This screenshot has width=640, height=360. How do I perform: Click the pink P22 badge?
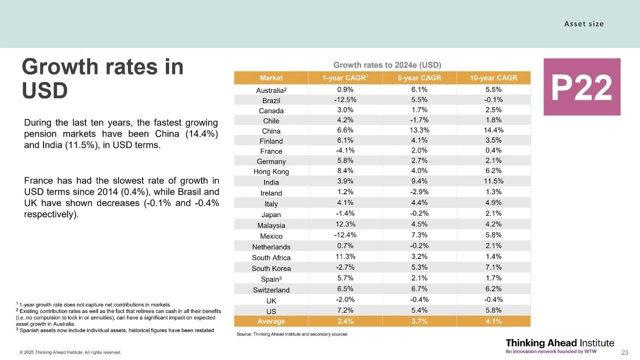click(581, 87)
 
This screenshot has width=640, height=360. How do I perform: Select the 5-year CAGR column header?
click(419, 78)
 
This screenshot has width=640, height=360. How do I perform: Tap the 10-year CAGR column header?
click(493, 78)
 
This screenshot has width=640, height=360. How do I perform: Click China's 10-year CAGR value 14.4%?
click(493, 130)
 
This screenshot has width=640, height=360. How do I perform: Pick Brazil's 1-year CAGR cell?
click(345, 99)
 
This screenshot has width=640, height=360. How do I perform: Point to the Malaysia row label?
click(271, 225)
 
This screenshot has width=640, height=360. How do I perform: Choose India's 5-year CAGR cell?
click(419, 181)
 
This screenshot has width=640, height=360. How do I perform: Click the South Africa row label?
click(271, 257)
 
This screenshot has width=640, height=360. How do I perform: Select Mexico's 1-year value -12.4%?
click(345, 235)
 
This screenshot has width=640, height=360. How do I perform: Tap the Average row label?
click(271, 321)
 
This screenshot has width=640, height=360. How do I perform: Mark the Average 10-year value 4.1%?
click(493, 321)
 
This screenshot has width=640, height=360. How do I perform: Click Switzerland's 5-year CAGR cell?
click(419, 289)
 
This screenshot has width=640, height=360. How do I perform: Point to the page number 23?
click(624, 352)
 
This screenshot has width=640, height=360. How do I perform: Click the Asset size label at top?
click(584, 24)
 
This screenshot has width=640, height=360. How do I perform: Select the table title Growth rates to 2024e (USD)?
click(387, 65)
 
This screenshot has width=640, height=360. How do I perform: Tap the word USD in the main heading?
click(45, 90)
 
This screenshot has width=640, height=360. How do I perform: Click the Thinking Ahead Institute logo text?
click(559, 343)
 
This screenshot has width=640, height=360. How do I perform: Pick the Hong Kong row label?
click(271, 171)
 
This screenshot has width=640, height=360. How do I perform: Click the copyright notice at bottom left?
click(70, 352)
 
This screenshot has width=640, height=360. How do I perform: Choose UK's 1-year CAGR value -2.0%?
click(345, 299)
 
